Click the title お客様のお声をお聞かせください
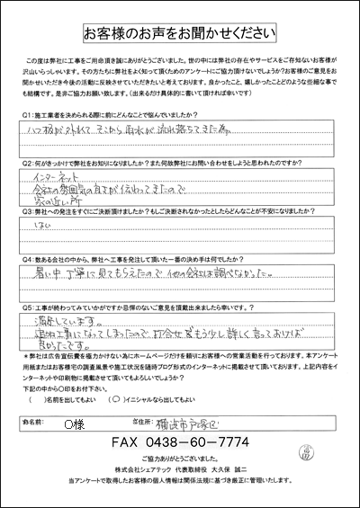tap(180, 34)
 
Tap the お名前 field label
tap(34, 421)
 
